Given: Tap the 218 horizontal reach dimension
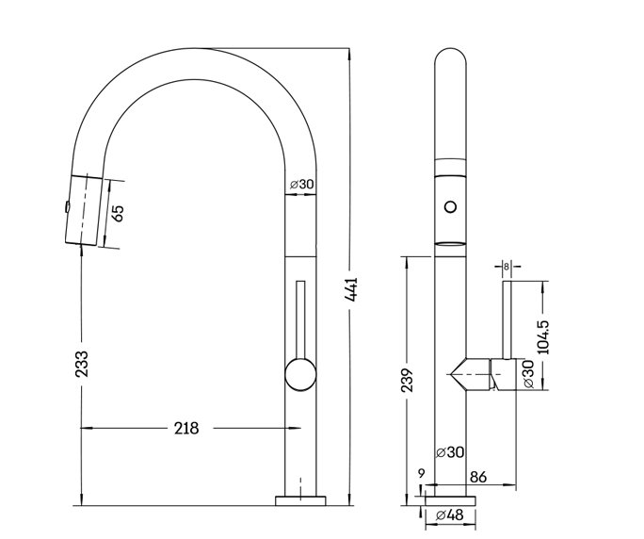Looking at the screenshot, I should point(186,428).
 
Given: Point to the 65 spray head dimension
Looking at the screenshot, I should point(118,211).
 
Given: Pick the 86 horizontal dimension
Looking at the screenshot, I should point(477,478).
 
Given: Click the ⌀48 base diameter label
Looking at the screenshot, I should point(450,515).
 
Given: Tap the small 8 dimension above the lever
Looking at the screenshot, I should point(507,267).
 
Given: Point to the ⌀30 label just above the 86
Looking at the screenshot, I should point(450,452).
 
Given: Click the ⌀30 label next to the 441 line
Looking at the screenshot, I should point(301,184).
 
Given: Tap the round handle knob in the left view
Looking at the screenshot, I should point(299,374).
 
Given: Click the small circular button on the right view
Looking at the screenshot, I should point(451,204).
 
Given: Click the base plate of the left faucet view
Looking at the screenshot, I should point(300,498).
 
